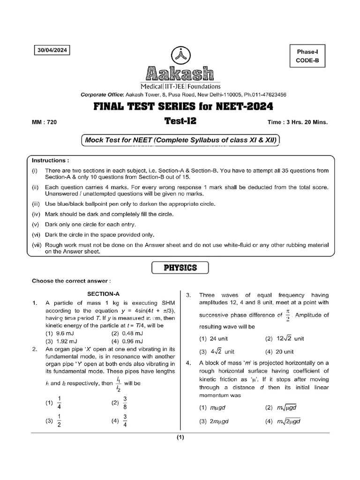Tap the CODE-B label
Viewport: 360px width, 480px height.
click(307, 60)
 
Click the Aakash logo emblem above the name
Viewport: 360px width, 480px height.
click(180, 55)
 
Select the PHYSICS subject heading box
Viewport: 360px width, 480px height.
click(180, 268)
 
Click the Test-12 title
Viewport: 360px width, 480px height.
click(180, 121)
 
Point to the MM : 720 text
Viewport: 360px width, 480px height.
click(44, 122)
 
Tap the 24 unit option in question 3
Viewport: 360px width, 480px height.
click(207, 338)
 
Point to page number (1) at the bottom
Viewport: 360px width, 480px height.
click(180, 438)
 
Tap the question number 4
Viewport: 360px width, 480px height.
click(188, 363)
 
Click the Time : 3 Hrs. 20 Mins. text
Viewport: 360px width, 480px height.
click(297, 122)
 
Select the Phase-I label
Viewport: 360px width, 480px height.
click(307, 51)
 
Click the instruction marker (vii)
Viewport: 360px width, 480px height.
click(37, 245)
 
